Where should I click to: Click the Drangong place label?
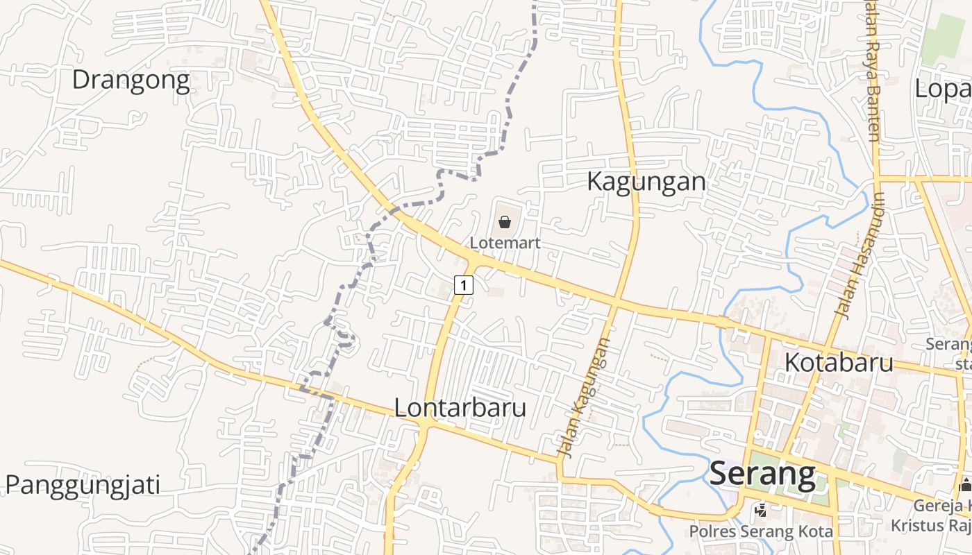point(131,80)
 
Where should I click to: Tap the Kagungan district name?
point(646,182)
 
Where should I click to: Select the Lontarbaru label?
point(460,408)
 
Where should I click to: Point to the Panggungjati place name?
point(83,484)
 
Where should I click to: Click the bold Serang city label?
point(762,475)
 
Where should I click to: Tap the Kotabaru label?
point(839,362)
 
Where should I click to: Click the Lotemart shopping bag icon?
point(505,222)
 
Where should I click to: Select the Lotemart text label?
point(505,244)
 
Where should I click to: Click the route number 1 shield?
point(464,284)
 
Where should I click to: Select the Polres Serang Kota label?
point(761,532)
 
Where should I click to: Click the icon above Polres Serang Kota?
point(761,511)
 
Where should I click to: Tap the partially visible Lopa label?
point(943,89)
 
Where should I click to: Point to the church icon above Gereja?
point(964,485)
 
